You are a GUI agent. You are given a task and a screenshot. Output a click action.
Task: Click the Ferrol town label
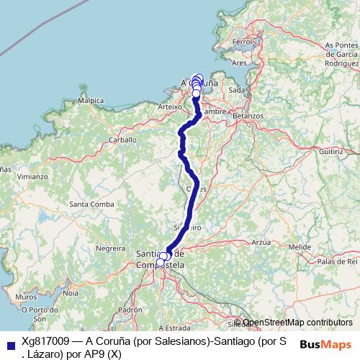point(242,43)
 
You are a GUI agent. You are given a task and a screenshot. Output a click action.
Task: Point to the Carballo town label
point(122,139)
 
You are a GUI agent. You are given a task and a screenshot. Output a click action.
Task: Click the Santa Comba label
point(91,204)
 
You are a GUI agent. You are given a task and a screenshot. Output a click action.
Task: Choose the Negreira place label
point(110,248)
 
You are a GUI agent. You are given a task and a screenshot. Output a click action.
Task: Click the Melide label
point(299,247)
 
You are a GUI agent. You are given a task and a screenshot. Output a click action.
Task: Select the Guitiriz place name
point(330,152)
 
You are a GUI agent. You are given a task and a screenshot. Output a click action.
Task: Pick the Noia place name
point(71,293)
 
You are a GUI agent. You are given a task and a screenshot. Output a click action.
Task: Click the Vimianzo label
point(14,176)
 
